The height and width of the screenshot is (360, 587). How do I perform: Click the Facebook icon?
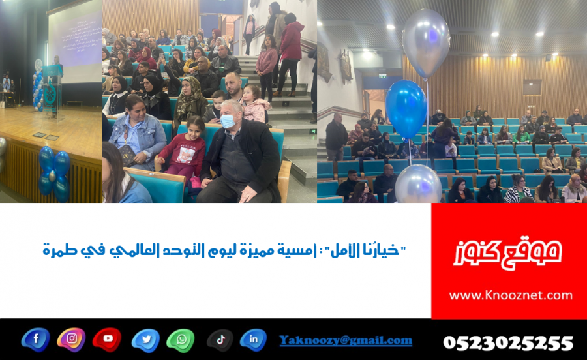click(x=36, y=339)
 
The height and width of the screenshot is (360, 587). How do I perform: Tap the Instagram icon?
click(x=71, y=339)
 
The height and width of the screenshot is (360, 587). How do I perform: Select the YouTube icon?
click(x=107, y=339)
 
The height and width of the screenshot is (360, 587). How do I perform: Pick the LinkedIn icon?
click(x=253, y=340)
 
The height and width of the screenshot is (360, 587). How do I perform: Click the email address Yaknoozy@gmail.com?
click(x=346, y=340)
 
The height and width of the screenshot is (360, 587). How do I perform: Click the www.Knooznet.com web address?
click(x=511, y=295)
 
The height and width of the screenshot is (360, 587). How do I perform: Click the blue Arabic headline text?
click(x=224, y=250)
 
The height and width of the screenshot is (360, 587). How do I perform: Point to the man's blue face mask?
click(x=228, y=121)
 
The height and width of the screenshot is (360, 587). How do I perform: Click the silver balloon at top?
click(x=426, y=43)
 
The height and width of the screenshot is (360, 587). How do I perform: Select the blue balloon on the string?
click(x=406, y=109)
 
